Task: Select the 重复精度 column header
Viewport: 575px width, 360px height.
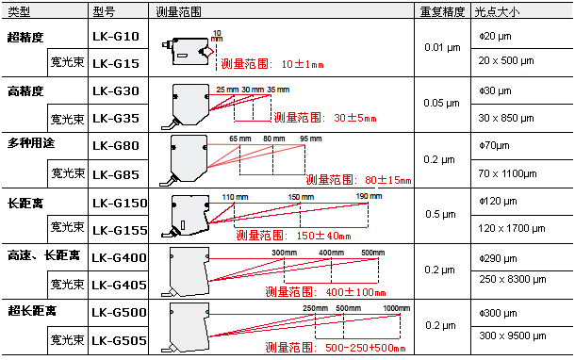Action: [441, 10]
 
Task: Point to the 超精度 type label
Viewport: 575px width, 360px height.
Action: [25, 38]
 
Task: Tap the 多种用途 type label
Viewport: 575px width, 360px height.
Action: [32, 146]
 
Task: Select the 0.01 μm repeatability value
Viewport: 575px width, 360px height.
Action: [441, 47]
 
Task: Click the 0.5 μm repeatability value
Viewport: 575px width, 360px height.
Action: [441, 214]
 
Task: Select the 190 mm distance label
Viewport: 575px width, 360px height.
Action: [369, 196]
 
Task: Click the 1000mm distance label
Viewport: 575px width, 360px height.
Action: [397, 308]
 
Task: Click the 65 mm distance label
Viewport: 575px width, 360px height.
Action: [240, 139]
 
